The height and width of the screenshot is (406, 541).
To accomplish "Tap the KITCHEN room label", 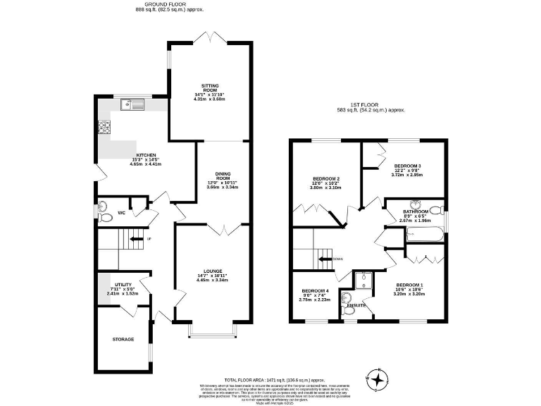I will pos(146,155).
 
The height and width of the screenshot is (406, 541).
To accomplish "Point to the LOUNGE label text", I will pos(213,270).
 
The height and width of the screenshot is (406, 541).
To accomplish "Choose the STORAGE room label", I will pos(123,339).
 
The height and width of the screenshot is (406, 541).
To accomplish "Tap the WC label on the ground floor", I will pos(121,212).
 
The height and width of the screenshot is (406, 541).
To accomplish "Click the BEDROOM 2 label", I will pos(325,179).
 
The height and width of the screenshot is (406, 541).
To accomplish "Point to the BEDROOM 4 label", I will pos(315,290).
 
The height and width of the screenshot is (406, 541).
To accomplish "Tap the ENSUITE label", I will pos(356,305).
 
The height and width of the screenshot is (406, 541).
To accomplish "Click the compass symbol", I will pos(378,380).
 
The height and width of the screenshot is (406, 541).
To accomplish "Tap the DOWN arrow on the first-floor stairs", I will pos(325,259).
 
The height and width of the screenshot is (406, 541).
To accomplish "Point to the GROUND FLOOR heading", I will pos(154,4).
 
